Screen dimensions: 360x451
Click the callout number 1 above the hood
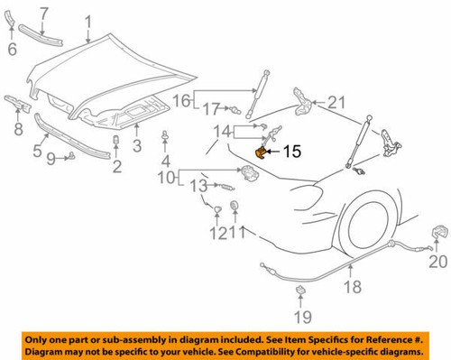pyautogui.click(x=87, y=20)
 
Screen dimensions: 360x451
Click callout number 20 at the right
pyautogui.click(x=437, y=263)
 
